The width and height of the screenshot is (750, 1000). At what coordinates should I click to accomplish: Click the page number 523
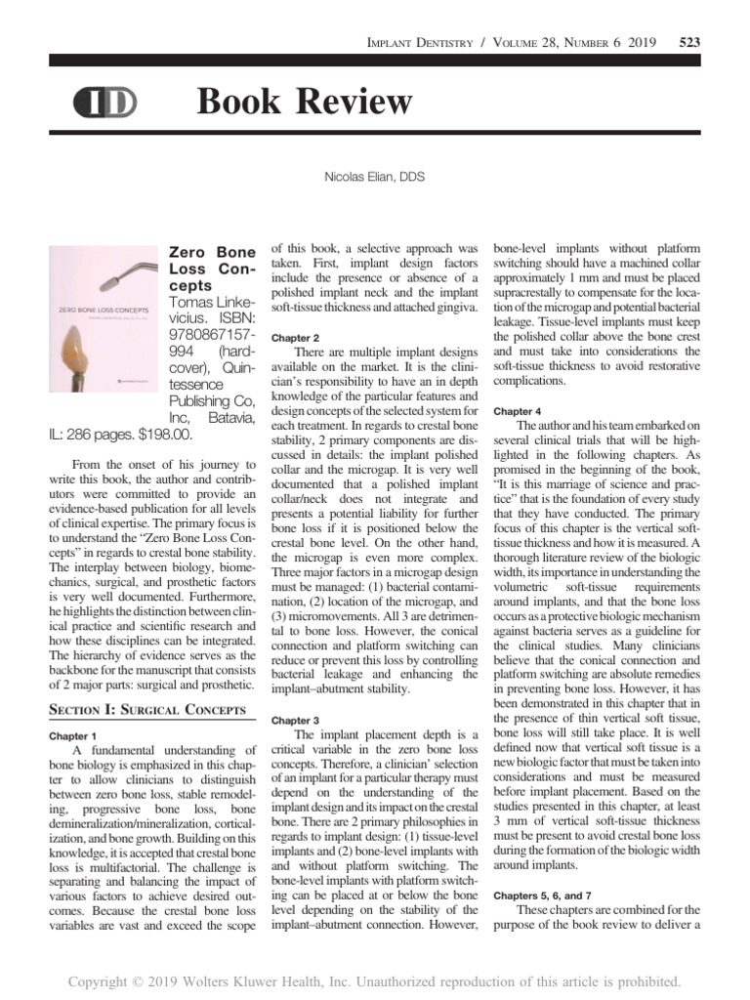(687, 42)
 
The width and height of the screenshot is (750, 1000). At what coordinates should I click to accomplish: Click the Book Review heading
(304, 101)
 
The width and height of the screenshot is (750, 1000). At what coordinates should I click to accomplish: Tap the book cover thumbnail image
(104, 321)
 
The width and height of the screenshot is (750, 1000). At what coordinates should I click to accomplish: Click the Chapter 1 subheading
(72, 735)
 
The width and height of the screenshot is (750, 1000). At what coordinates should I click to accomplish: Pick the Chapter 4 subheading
(519, 411)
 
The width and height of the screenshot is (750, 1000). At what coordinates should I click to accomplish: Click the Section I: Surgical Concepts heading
(146, 709)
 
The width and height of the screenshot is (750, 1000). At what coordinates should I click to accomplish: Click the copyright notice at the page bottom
(374, 980)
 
